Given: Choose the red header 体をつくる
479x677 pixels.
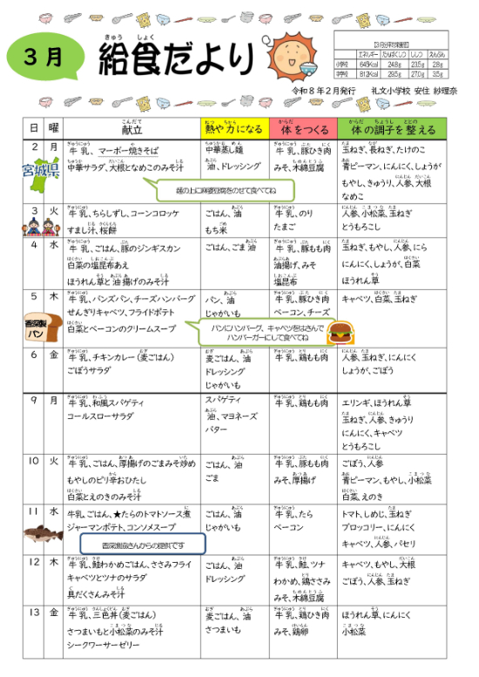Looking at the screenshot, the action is (301, 128).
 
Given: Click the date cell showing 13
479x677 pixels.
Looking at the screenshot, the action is (33, 613).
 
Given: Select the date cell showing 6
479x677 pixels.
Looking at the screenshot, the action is (33, 355).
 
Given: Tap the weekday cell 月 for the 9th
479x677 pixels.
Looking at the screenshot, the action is (53, 400).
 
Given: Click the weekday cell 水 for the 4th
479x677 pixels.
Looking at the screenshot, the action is (53, 245).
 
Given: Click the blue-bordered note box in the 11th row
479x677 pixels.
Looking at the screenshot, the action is (143, 545).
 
